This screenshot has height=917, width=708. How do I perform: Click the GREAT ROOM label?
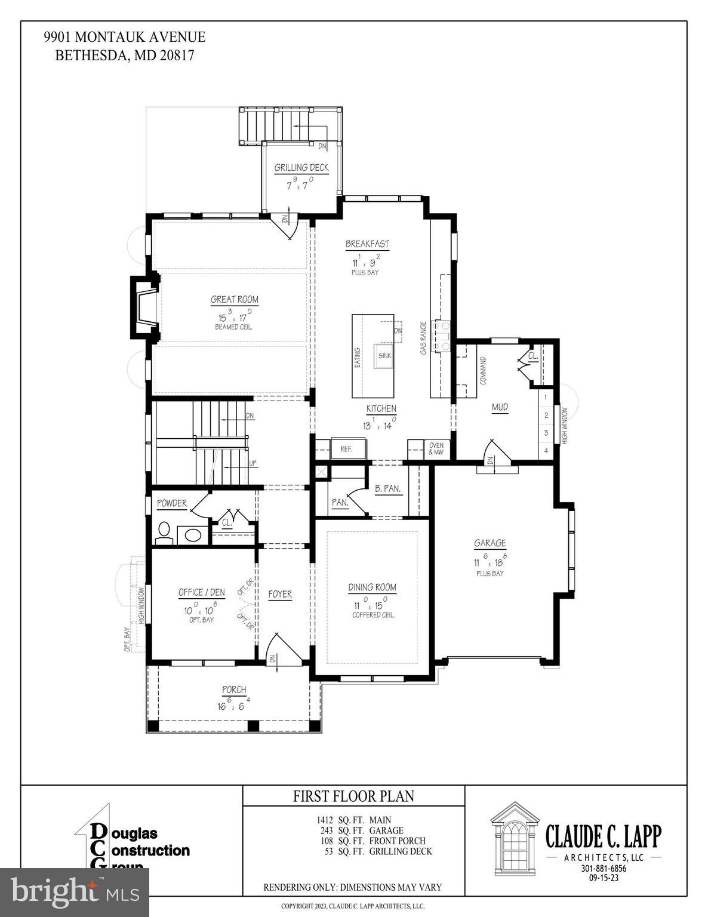[235, 300]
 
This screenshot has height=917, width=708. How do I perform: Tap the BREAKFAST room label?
[367, 244]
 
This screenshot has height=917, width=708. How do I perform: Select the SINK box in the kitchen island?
[384, 356]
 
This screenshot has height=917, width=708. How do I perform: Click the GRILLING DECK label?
[301, 168]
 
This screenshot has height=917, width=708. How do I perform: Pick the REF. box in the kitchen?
[346, 449]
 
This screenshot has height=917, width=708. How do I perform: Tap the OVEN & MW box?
[436, 449]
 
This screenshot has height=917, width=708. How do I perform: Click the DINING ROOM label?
[373, 587]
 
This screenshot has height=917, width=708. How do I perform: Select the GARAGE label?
[490, 543]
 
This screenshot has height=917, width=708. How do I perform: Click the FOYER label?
[280, 594]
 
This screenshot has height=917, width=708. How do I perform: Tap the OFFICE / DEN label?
[202, 592]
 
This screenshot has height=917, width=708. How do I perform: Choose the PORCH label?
[234, 690]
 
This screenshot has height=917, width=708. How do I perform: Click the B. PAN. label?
[388, 488]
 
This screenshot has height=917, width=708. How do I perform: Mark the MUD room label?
[500, 407]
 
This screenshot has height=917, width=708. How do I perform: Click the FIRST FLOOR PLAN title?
[353, 796]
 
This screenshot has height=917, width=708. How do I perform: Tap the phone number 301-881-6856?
[604, 869]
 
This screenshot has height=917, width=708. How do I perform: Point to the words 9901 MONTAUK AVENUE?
[124, 37]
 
